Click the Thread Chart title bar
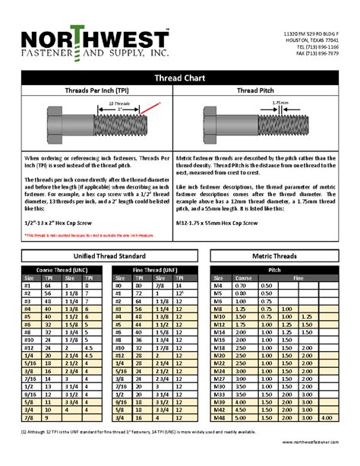tap(180, 78)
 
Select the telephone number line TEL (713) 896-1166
tap(317, 46)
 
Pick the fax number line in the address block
tap(317, 53)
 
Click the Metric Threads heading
tap(275, 257)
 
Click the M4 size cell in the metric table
tap(220, 285)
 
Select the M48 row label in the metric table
tap(220, 417)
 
